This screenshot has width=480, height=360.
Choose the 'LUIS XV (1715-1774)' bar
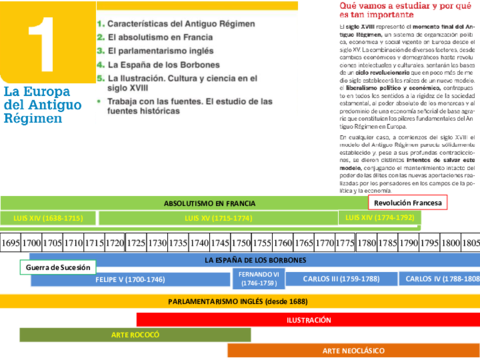[x=221, y=217]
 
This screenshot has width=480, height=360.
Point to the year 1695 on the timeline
[x=11, y=243]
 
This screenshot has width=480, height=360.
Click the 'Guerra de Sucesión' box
[x=58, y=267]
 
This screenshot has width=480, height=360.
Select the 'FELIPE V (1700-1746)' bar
[x=130, y=280]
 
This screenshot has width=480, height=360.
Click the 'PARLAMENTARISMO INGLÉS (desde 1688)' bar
[x=224, y=301]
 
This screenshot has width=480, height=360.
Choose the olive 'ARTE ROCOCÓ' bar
[x=138, y=335]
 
